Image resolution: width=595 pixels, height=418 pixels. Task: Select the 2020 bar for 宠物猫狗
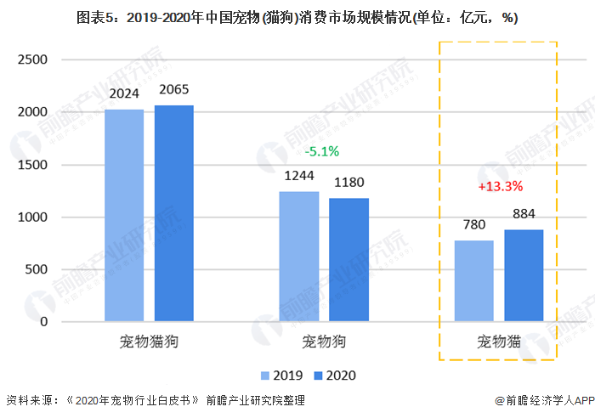173,214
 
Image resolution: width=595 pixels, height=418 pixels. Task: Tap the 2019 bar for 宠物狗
299,257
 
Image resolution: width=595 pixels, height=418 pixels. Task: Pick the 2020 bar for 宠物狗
348,260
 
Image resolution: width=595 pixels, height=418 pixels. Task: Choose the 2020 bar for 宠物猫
524,276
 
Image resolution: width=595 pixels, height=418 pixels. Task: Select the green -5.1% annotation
322,151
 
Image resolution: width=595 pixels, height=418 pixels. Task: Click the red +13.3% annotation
501,186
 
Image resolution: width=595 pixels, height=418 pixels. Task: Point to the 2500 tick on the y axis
32,59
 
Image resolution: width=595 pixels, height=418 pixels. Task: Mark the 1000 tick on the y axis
32,217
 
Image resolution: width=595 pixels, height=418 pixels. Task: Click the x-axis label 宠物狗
325,342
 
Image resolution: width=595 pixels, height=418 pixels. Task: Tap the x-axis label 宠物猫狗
149,342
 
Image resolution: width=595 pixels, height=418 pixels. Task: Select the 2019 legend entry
280,376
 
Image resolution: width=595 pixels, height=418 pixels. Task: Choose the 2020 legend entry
333,376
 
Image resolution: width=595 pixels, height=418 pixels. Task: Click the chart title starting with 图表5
297,17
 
